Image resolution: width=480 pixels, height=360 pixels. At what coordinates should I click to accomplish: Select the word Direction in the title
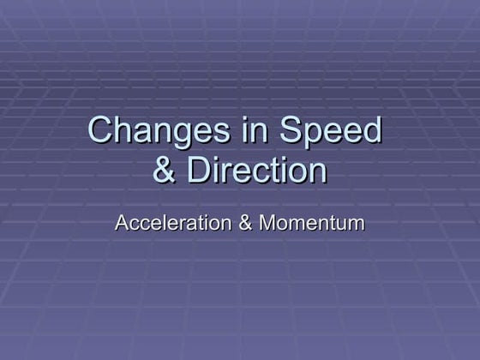point(257,170)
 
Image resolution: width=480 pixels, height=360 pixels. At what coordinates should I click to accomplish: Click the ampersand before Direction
point(165,170)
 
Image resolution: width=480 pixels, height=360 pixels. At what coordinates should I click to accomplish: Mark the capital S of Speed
point(291,131)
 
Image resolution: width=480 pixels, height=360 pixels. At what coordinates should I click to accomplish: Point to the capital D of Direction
point(199,170)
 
